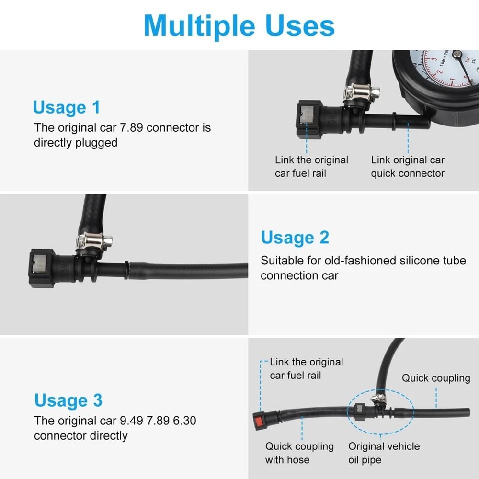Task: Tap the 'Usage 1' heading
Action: coord(67,107)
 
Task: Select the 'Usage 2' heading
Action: coord(295,238)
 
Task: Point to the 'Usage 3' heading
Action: coord(68,400)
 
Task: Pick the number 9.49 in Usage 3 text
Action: coord(132,421)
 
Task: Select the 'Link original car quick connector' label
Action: coord(408,167)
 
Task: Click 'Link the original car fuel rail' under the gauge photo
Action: coord(311,167)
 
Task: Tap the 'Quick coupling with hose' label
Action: coord(299,453)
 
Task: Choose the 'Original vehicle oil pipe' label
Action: coord(384,453)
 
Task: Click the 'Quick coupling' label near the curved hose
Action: coord(436,378)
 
